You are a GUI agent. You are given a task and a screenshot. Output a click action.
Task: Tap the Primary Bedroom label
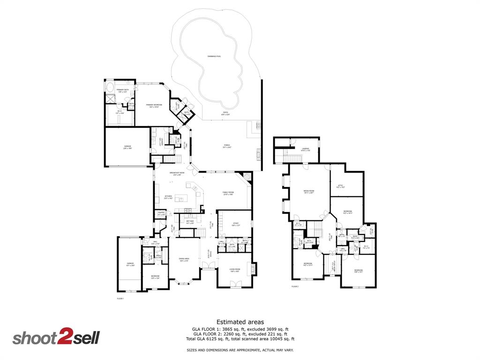pos(154,105)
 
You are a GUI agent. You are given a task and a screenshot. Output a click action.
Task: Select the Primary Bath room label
pos(116,90)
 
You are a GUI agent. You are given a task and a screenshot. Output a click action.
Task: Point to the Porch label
pos(227,146)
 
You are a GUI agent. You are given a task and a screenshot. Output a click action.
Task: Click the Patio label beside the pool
pos(226,113)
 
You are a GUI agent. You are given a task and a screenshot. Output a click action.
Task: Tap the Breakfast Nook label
pos(177,173)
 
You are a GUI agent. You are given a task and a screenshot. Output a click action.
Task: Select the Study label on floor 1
pos(236,224)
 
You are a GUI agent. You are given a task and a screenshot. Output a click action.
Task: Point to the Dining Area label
pos(184,259)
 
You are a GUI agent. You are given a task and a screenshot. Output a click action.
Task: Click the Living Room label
pos(235,270)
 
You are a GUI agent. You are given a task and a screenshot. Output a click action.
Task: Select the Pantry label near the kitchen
pos(161,213)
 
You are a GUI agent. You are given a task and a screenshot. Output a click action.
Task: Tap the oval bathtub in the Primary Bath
pos(109,88)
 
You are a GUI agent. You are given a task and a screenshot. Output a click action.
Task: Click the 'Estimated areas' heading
pos(240,322)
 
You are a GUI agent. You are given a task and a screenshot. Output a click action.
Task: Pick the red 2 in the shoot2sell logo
pos(64,338)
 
